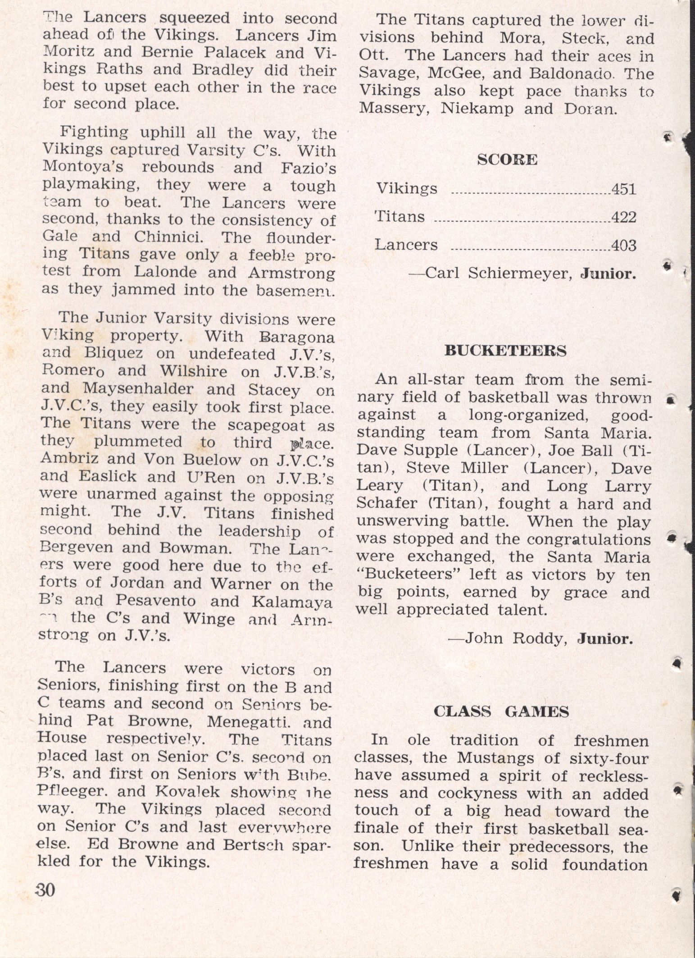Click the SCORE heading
tap(507, 160)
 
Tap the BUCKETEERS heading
tap(505, 351)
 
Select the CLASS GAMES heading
tap(501, 712)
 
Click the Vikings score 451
tap(623, 189)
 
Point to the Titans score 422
tap(623, 218)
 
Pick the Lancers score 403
tap(623, 246)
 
